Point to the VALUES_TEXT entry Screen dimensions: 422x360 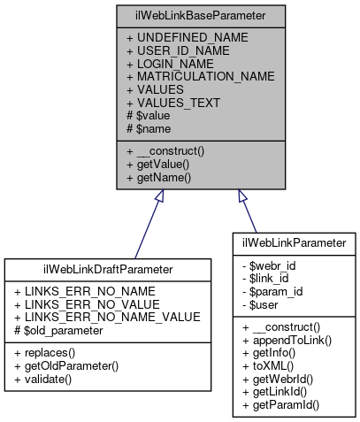[x=172, y=103]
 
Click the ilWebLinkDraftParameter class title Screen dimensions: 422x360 [x=107, y=269]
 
